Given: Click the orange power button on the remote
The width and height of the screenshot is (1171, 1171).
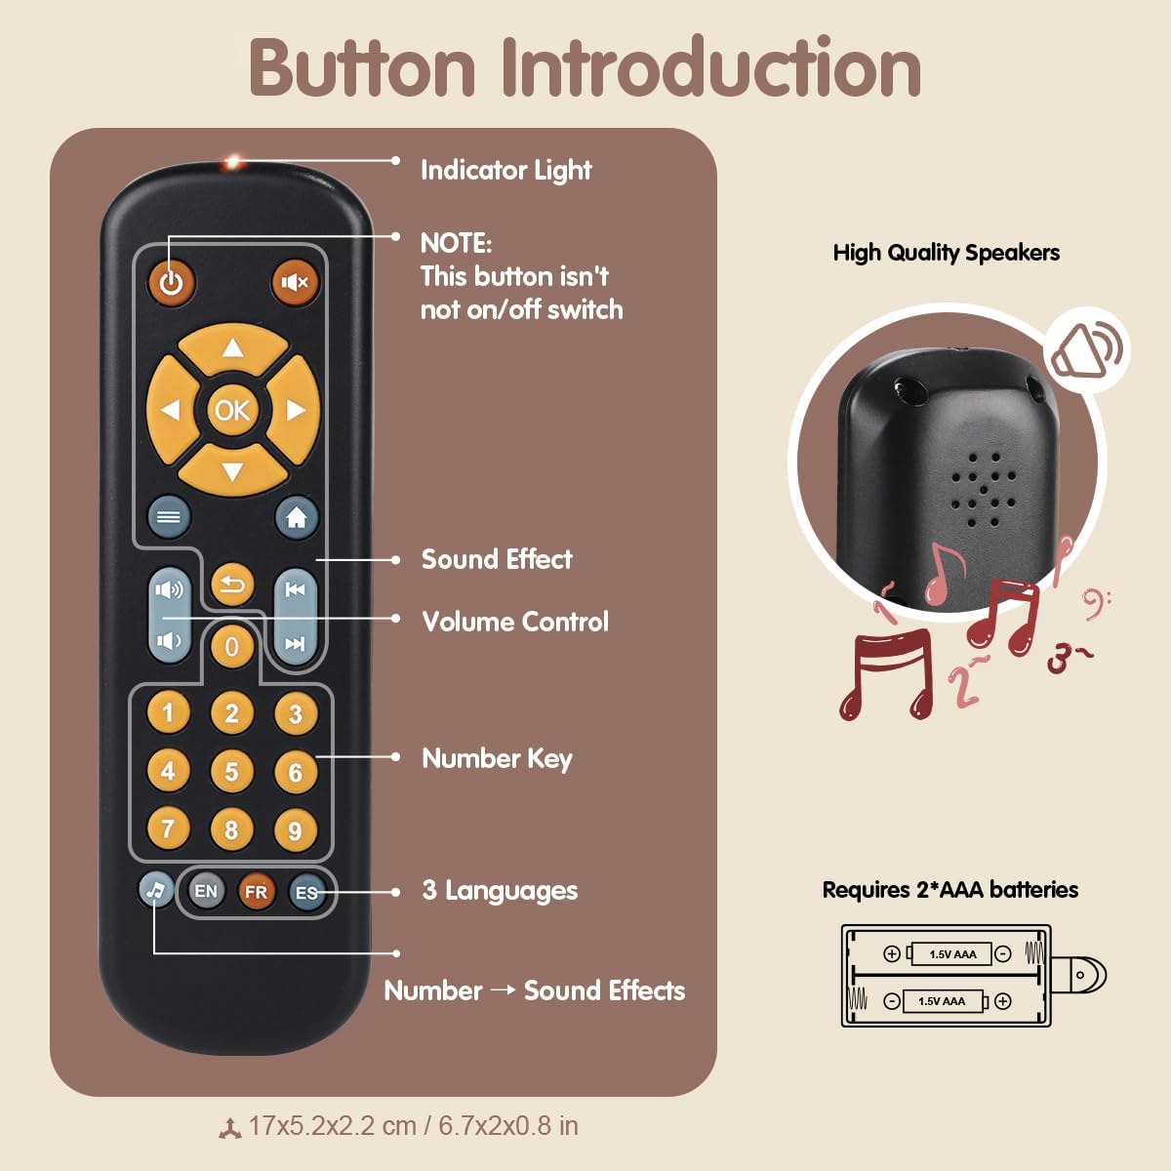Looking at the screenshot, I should pos(172,283).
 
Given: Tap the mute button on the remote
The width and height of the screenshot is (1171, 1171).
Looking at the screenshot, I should pos(295,283).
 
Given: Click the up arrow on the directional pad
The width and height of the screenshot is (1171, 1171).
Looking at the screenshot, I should pos(232,348).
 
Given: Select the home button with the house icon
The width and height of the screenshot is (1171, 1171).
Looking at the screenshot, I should pos(297,517).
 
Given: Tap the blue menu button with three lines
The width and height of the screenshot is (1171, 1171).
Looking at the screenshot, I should pos(169,517).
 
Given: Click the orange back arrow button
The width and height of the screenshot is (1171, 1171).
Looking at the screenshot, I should pos(232,585).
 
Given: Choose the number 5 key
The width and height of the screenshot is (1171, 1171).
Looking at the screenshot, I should pos(231,772).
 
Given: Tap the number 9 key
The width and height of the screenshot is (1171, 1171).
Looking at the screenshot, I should pos(295,830).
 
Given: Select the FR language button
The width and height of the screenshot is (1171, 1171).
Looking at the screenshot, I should pos(256,891).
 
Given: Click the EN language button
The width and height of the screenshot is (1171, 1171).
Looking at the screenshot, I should pos(206,891).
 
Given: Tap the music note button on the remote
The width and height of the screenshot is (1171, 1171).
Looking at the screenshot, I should pos(155,889).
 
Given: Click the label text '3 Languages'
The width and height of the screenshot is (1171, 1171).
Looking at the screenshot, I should pos(500,890).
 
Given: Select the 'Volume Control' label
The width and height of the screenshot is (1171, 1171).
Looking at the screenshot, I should pos(515,622).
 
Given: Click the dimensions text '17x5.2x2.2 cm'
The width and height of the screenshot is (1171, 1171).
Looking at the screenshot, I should pos(332,1126).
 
